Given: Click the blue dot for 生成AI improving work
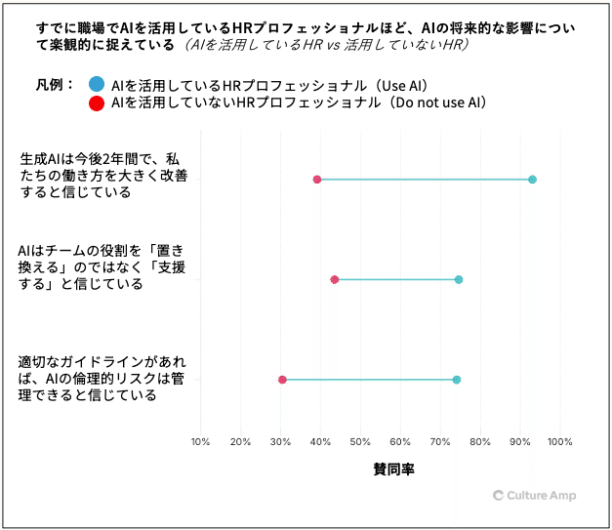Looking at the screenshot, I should coord(532,180).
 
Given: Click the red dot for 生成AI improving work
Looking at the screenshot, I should coord(317,180).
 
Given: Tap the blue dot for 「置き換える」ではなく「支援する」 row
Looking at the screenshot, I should coord(459,280).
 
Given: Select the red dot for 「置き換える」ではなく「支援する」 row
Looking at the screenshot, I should coord(335,280).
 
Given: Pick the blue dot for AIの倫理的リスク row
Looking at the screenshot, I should coord(457,380).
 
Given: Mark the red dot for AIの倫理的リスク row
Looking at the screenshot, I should coord(283,380).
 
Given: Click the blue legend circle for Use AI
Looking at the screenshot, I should coord(96,85).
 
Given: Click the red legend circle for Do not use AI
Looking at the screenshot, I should coord(96,102).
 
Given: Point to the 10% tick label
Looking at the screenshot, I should coord(200,442).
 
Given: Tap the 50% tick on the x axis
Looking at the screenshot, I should coord(360,442).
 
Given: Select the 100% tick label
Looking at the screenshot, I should coord(559,442).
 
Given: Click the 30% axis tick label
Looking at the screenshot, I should coord(280,442).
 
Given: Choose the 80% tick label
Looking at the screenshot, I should coord(480,442).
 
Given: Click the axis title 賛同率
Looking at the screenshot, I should coord(393,469).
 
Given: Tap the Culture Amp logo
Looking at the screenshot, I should coord(535,496).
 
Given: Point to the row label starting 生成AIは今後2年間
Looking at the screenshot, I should coord(97,175).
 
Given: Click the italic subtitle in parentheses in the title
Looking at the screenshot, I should coord(322,46).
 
